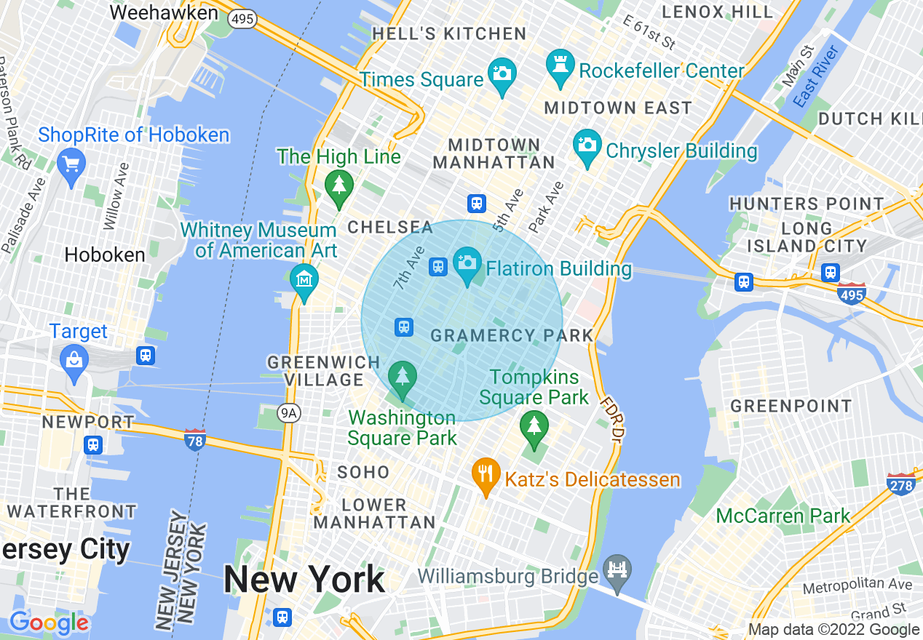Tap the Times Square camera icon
[x=502, y=73]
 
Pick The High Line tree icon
[x=338, y=185]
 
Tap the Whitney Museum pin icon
[x=304, y=279]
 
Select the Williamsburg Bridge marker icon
[x=618, y=569]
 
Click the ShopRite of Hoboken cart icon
[x=71, y=164]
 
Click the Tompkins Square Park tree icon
[x=534, y=425]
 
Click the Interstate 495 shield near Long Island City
[x=851, y=294]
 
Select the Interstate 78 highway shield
[x=194, y=439]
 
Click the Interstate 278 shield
[x=901, y=484]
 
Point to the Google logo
[x=49, y=623]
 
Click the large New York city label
[x=304, y=580]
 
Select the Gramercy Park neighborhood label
[x=512, y=335]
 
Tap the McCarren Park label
[x=783, y=516]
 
